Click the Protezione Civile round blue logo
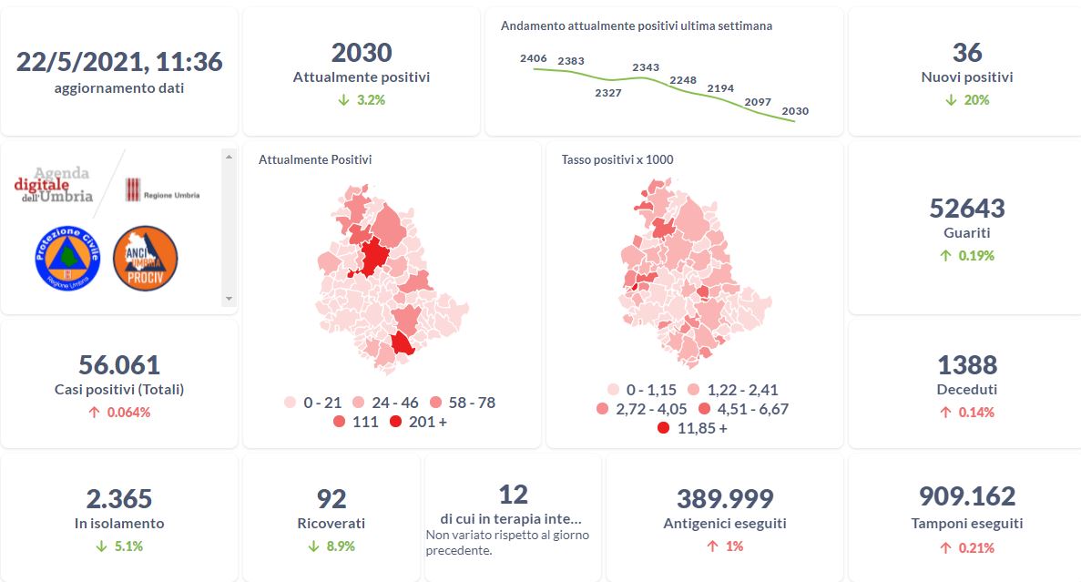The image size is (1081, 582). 65,258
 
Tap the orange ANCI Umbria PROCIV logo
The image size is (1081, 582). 145,258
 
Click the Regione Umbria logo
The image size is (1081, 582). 162,190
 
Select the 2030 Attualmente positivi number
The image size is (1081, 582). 362,53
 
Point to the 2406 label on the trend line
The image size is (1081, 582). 533,58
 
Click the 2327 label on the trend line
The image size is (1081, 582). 607,93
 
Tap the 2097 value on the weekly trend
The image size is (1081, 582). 757,101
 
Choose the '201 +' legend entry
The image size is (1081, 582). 418,422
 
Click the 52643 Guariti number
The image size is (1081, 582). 966,209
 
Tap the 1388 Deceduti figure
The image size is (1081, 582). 966,365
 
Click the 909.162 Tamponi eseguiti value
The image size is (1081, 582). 966,496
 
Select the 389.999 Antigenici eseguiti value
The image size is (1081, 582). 724,499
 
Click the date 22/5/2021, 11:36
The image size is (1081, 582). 119,62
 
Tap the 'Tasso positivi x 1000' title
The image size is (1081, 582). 617,159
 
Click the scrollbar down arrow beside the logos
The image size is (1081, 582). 229,298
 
